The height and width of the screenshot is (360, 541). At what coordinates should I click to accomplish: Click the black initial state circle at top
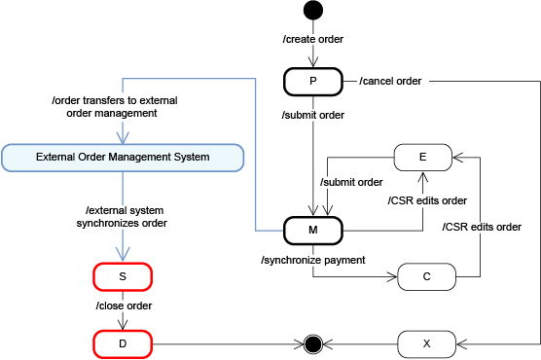click(312, 12)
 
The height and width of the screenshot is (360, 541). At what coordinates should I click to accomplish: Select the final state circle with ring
click(312, 343)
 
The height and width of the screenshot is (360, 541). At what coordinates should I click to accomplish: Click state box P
click(312, 81)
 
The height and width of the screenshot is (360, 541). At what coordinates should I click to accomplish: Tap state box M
click(312, 231)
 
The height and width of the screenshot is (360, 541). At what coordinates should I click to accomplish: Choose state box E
click(421, 156)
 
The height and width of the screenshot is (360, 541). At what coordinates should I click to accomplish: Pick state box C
click(426, 276)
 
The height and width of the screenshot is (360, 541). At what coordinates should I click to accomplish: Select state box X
click(426, 343)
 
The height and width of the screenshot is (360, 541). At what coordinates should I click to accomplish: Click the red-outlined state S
click(123, 276)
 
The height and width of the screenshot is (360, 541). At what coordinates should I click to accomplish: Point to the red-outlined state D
click(123, 343)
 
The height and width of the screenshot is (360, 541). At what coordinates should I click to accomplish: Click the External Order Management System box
click(123, 156)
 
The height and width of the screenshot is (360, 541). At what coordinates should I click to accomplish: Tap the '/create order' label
click(312, 40)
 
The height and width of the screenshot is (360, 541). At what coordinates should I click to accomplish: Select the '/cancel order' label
click(390, 81)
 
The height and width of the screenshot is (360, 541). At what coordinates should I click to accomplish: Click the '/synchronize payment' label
click(312, 260)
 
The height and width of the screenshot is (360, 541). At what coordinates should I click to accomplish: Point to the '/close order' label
click(123, 306)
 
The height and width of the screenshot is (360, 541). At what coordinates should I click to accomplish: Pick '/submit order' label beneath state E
click(350, 182)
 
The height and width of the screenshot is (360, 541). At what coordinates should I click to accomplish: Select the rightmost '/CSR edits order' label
click(482, 227)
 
